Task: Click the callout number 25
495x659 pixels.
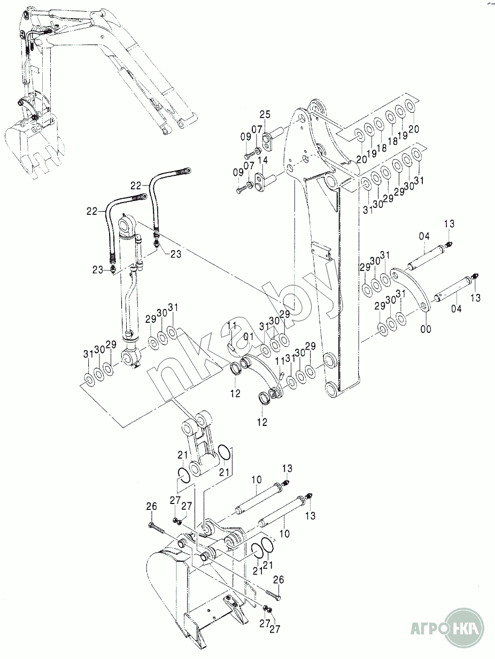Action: [x=265, y=114]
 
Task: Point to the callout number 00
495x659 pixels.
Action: [x=426, y=329]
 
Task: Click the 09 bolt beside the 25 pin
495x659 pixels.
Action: [x=249, y=155]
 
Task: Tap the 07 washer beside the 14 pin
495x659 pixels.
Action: [x=249, y=184]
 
